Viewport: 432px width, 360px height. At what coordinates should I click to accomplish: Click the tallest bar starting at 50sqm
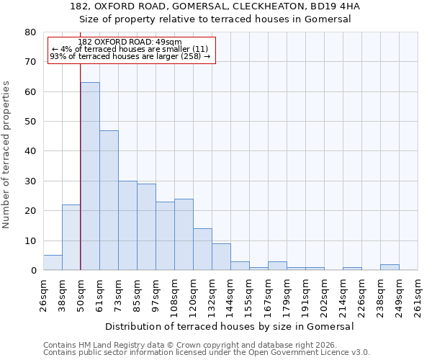(x=90, y=176)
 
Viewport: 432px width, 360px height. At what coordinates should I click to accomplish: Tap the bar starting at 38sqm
(x=71, y=238)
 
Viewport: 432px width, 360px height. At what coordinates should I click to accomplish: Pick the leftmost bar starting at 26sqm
(x=53, y=263)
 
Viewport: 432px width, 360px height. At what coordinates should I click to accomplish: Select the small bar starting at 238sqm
(x=390, y=267)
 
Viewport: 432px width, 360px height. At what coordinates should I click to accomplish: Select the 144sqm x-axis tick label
(x=230, y=293)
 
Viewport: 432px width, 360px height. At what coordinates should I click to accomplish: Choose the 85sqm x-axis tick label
(x=137, y=293)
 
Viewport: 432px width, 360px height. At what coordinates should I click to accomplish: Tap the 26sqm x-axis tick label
(x=43, y=293)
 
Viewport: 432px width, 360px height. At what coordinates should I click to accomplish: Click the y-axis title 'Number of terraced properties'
(x=6, y=155)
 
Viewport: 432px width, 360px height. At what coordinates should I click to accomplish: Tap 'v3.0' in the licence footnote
(x=361, y=353)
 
